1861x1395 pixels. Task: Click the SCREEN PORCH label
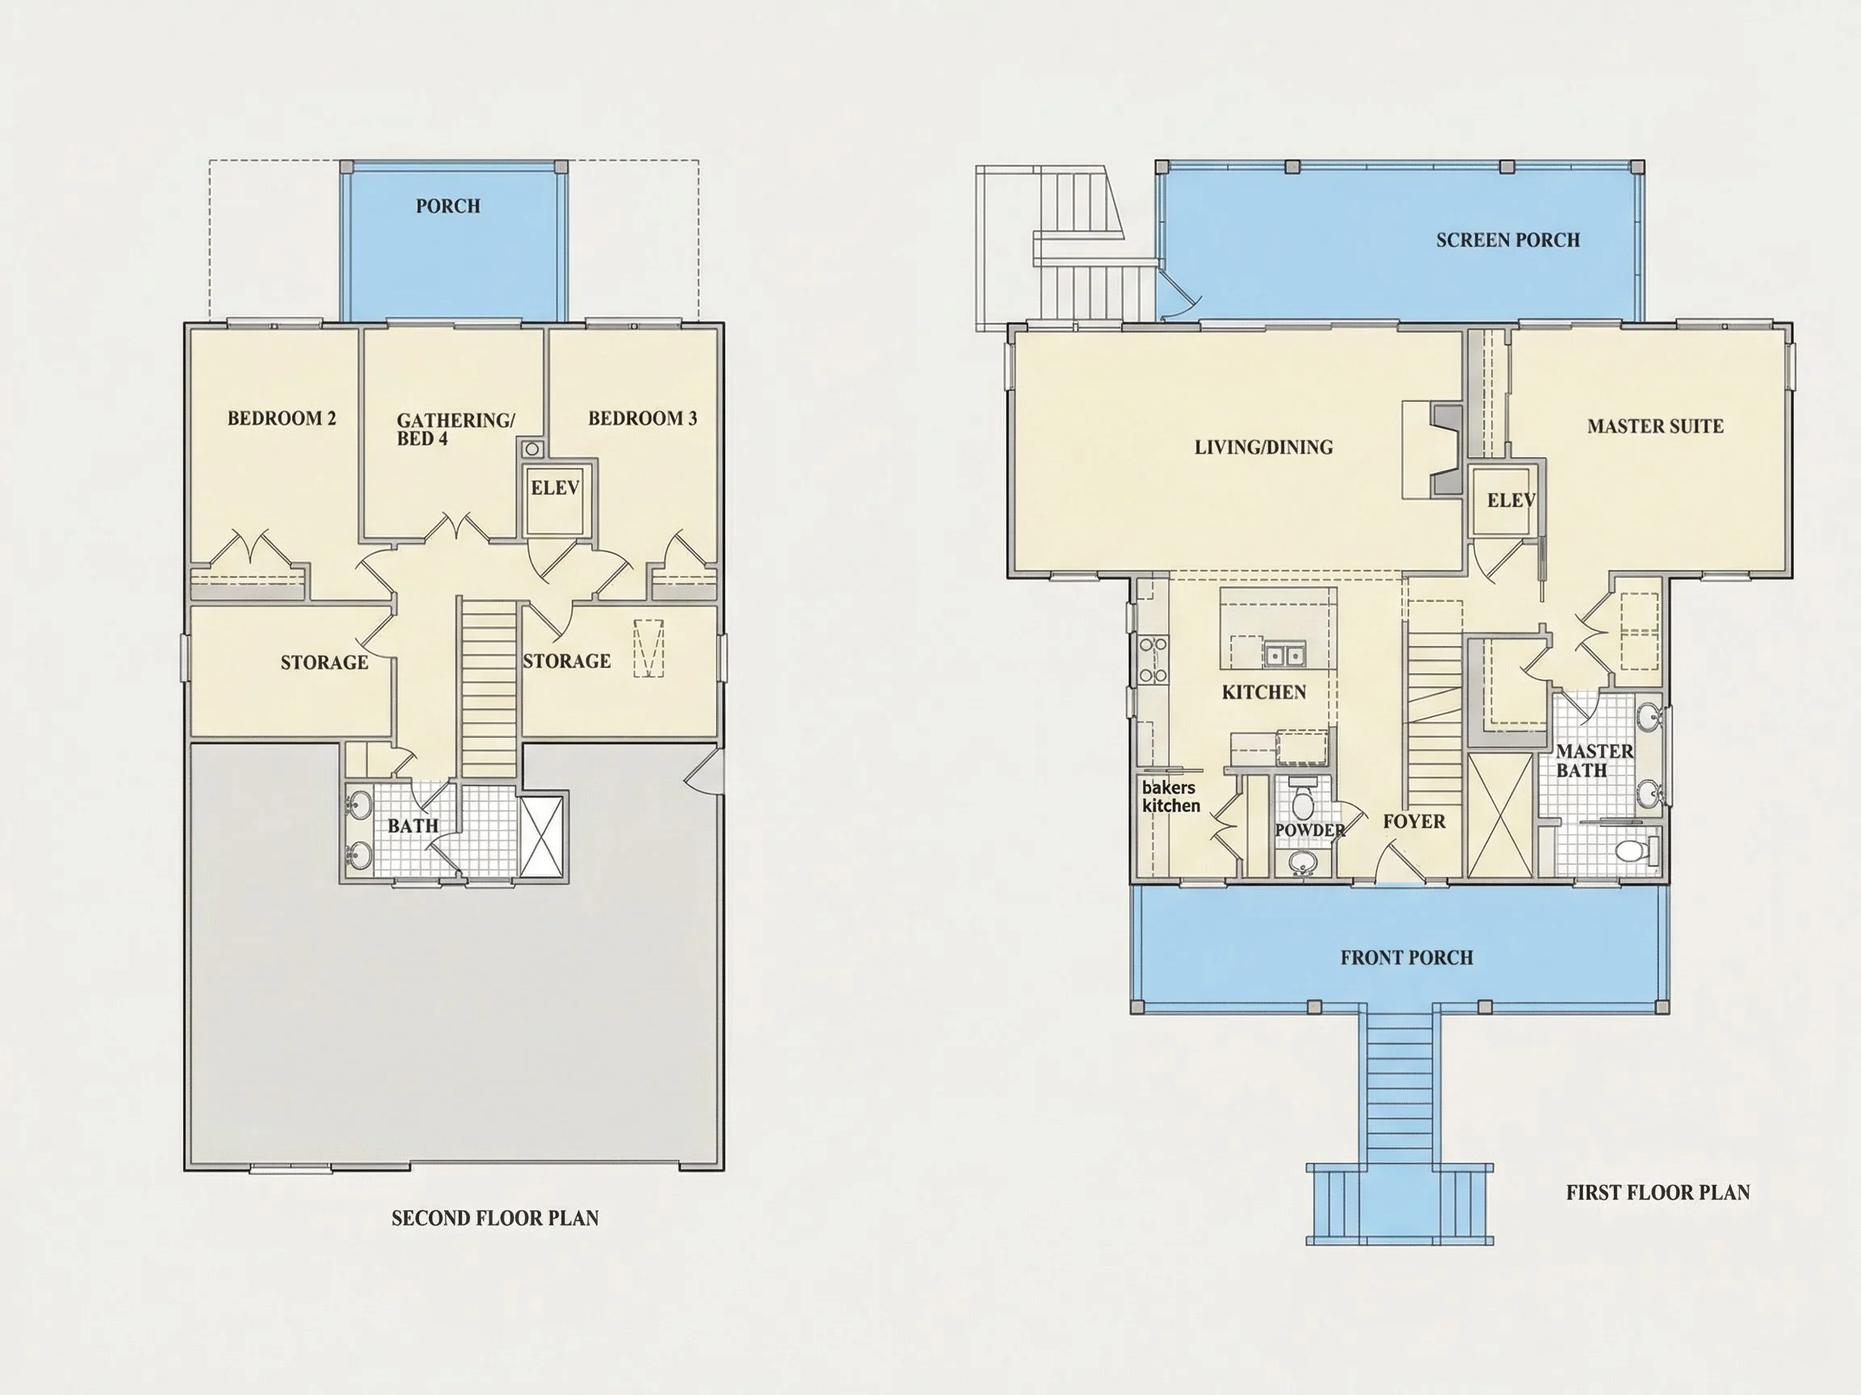(1508, 241)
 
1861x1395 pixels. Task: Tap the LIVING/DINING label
(1263, 447)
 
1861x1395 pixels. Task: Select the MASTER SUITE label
(1655, 426)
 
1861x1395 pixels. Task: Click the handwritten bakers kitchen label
(1170, 796)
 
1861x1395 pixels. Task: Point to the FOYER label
(1414, 822)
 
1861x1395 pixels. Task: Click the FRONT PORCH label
(1407, 957)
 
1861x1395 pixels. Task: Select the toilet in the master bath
(1636, 851)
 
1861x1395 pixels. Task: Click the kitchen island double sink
(1283, 653)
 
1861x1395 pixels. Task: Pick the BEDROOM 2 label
(282, 418)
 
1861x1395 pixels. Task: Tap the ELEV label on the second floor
(555, 488)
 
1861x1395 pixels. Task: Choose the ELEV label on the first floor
(1511, 501)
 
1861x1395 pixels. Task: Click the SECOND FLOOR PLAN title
(494, 1218)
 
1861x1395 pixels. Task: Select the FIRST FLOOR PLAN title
(1657, 1192)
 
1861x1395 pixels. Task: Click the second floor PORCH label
(447, 206)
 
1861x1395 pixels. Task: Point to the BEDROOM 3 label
(643, 418)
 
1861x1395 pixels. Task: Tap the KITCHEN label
(1263, 692)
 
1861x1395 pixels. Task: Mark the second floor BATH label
(413, 826)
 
